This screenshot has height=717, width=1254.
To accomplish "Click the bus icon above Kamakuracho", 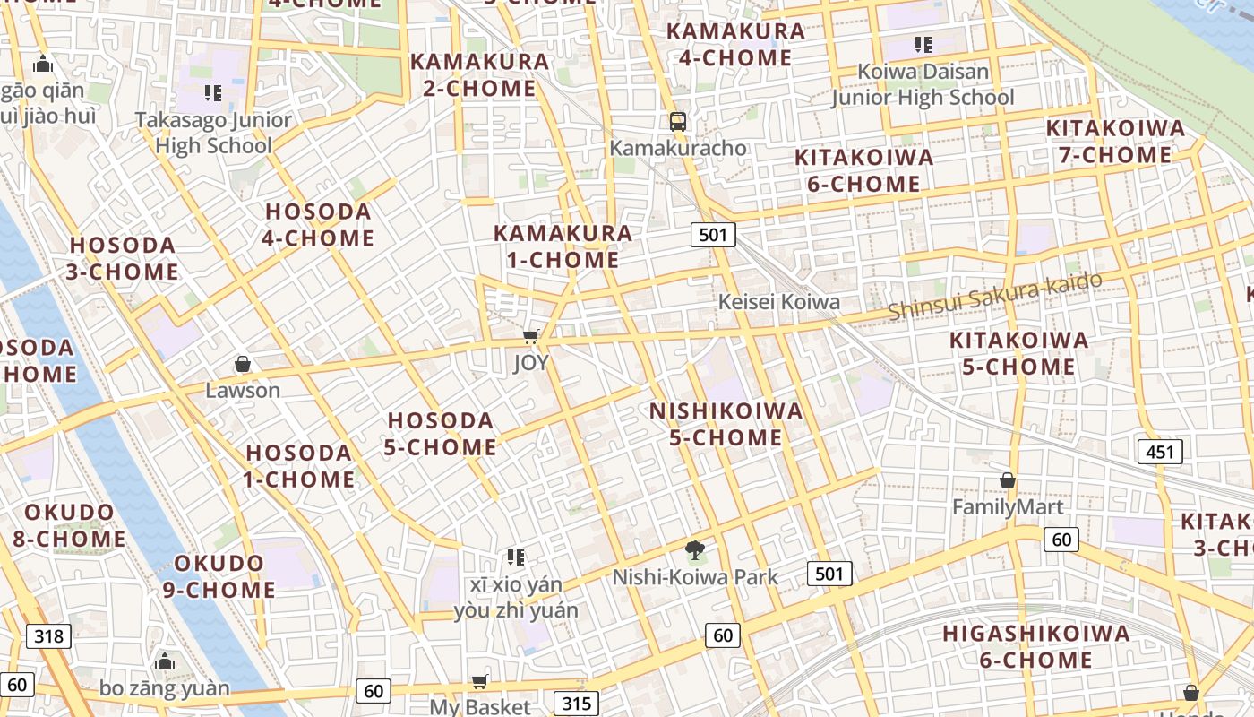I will [678, 121].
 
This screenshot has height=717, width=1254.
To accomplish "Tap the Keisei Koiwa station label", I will [779, 302].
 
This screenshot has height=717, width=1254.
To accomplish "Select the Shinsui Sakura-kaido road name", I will [995, 295].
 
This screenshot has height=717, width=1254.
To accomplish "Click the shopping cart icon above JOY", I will [531, 337].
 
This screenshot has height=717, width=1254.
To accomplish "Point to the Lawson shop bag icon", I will [242, 364].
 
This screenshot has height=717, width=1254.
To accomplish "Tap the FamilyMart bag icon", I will [1008, 481].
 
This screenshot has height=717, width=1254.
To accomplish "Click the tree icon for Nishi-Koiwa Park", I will [694, 550].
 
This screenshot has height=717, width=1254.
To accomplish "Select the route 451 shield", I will [1160, 452].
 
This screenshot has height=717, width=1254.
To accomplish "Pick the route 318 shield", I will [48, 636].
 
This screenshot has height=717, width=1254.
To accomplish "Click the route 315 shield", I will [576, 704].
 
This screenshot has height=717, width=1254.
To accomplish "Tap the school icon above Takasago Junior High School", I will [212, 92].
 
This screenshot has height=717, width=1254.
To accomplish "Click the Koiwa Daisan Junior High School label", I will [923, 84].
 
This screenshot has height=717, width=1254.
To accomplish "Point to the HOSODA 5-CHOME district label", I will [441, 434].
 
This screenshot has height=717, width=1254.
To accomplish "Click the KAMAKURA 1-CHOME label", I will [563, 246].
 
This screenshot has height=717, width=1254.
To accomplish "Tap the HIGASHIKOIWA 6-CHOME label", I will [1035, 647].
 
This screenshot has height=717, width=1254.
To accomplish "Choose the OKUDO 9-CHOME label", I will [219, 576].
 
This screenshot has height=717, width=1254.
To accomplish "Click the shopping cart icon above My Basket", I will [480, 681].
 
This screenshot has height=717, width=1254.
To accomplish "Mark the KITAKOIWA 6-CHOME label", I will [863, 170].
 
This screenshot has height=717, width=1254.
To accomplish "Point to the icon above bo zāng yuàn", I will [164, 662].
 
